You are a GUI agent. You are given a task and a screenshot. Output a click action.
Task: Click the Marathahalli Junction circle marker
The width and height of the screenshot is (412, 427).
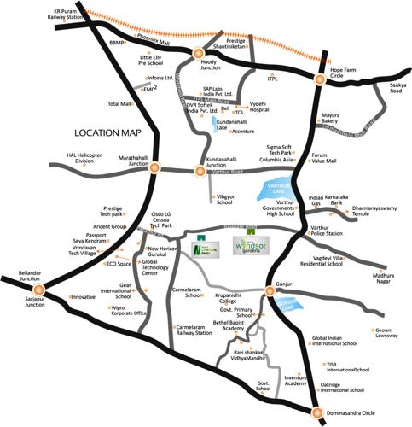click(154, 168)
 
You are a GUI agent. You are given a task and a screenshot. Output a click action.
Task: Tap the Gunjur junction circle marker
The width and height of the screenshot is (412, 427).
click(270, 291)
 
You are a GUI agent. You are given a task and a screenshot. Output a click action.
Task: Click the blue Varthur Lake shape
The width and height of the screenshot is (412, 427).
click(275, 190)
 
